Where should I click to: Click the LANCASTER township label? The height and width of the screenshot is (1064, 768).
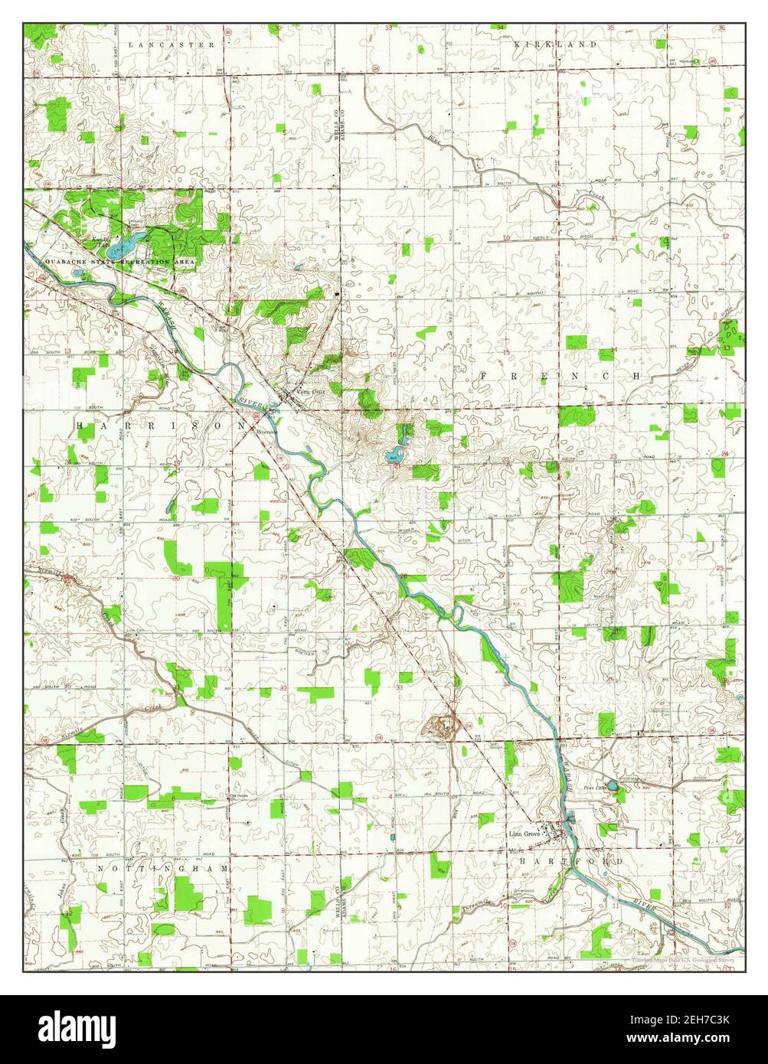click(x=172, y=45)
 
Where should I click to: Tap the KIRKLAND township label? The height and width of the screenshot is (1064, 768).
click(x=555, y=45)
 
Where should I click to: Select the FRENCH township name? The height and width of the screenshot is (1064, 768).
click(x=560, y=376)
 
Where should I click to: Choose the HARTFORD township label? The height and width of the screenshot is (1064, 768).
click(x=570, y=861)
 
